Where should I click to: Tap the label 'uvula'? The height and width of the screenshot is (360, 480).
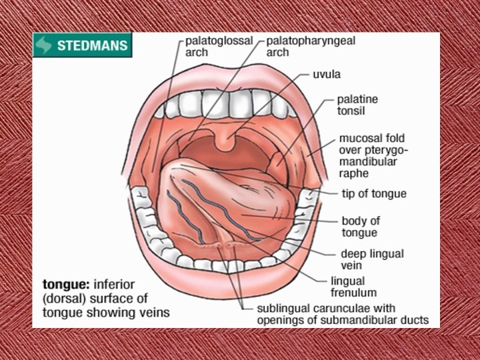point(327,73)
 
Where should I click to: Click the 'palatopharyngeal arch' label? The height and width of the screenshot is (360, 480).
point(310,46)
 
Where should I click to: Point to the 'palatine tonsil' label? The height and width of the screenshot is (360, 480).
point(357,105)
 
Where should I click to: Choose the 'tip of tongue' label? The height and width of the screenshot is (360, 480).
point(374,194)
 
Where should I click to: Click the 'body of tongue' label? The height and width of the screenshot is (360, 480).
point(360,226)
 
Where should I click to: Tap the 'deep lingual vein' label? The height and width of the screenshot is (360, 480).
point(372,259)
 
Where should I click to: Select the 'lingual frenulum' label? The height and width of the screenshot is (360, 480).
point(353,287)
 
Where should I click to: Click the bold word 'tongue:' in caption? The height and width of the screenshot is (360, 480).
point(63,285)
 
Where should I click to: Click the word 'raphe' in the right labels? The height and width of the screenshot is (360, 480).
point(354,173)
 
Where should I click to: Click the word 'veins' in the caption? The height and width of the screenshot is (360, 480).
point(155,312)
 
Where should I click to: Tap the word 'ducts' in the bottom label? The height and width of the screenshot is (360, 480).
point(414,320)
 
